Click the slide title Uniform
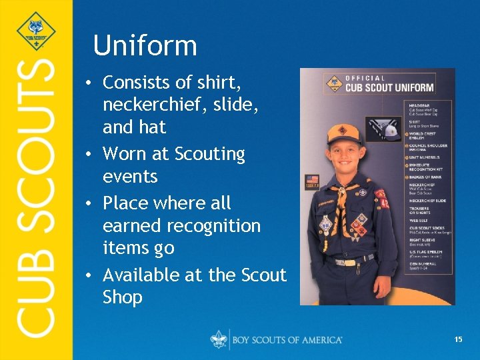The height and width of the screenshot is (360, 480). pyautogui.click(x=145, y=46)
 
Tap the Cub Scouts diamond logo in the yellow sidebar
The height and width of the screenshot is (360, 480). pyautogui.click(x=36, y=31)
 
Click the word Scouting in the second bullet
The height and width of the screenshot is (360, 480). pyautogui.click(x=209, y=154)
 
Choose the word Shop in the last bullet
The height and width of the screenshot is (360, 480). pyautogui.click(x=123, y=297)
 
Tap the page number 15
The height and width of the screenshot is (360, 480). pyautogui.click(x=458, y=339)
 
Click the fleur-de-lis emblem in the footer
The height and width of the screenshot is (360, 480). pyautogui.click(x=219, y=339)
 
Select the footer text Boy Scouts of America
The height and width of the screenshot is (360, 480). pyautogui.click(x=287, y=339)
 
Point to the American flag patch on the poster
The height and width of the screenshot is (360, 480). pyautogui.click(x=312, y=181)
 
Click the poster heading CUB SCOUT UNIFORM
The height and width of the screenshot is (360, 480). pyautogui.click(x=389, y=87)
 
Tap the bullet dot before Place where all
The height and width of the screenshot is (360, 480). pyautogui.click(x=88, y=203)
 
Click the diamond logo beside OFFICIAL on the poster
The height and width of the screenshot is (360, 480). pyautogui.click(x=333, y=83)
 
